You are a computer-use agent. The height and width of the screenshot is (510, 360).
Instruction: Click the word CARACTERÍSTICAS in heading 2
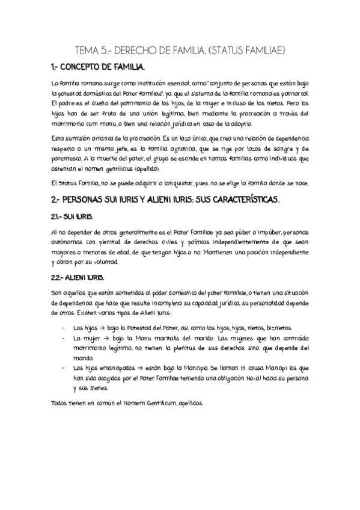(240, 198)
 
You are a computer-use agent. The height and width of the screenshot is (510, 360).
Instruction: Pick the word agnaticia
(180, 148)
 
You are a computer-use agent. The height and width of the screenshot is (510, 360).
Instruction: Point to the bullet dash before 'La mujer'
(64, 338)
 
